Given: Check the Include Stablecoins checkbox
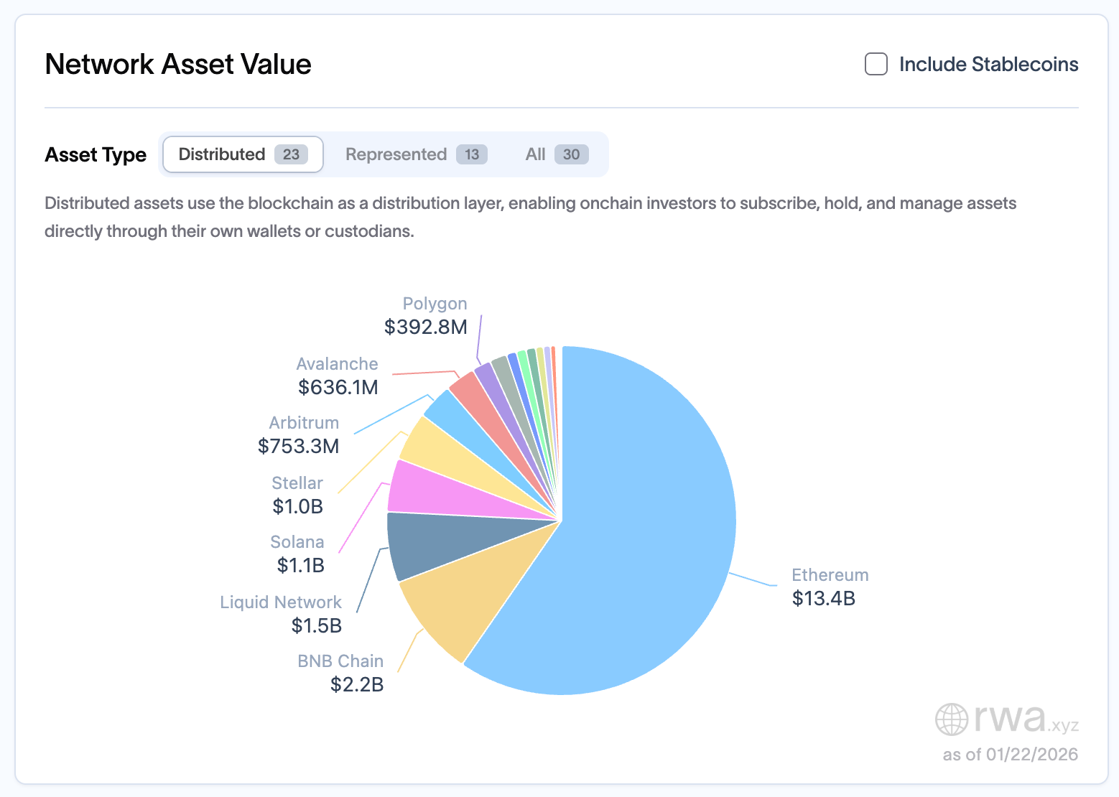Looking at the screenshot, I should [876, 64].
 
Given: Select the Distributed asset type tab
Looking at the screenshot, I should [243, 154].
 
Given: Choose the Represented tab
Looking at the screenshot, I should [416, 154].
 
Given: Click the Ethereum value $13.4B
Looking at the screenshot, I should [823, 598].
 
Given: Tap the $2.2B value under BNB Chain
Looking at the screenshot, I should [356, 684].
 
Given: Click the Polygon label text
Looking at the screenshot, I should [435, 304].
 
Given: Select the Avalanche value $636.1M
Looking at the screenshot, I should [338, 387].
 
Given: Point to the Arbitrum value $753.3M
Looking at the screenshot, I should [298, 446].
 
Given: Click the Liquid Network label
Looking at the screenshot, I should [280, 602].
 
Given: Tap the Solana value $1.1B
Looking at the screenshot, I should [300, 565].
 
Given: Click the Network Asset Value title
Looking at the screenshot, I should [178, 64].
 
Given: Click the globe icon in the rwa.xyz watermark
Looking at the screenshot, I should [952, 719].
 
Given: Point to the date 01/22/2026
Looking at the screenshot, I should [1031, 754].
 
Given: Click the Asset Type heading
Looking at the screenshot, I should [96, 154].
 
